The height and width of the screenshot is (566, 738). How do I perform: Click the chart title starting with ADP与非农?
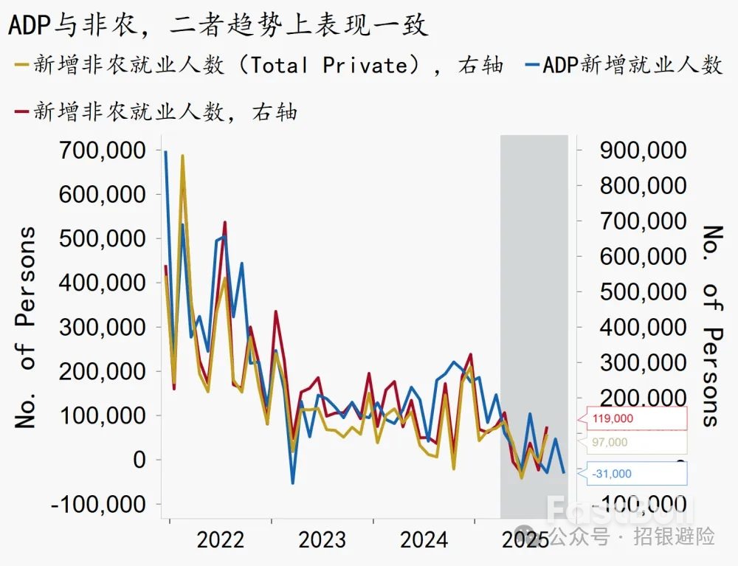pyautogui.click(x=218, y=25)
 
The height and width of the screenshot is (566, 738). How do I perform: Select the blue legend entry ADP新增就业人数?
pyautogui.click(x=624, y=65)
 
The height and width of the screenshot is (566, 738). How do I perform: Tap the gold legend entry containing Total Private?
pyautogui.click(x=258, y=65)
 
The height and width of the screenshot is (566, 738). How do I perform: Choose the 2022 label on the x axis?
pyautogui.click(x=220, y=539)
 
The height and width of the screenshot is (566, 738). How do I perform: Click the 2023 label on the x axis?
pyautogui.click(x=322, y=539)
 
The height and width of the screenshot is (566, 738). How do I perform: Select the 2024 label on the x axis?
pyautogui.click(x=424, y=539)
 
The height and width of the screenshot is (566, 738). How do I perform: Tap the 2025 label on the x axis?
pyautogui.click(x=525, y=539)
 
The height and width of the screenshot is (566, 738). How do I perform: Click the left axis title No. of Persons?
pyautogui.click(x=27, y=328)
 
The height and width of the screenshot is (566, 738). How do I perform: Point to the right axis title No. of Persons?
pyautogui.click(x=710, y=326)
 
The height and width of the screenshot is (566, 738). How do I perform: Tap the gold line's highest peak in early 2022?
pyautogui.click(x=182, y=156)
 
